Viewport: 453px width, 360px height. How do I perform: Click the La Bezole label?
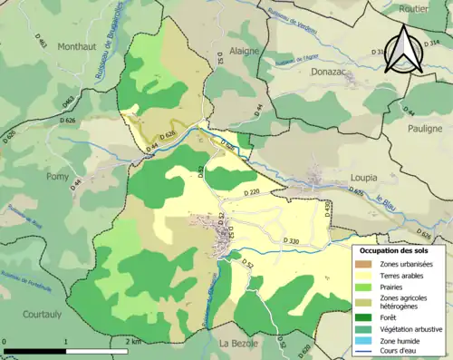240,343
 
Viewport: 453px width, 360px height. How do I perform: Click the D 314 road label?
429,43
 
